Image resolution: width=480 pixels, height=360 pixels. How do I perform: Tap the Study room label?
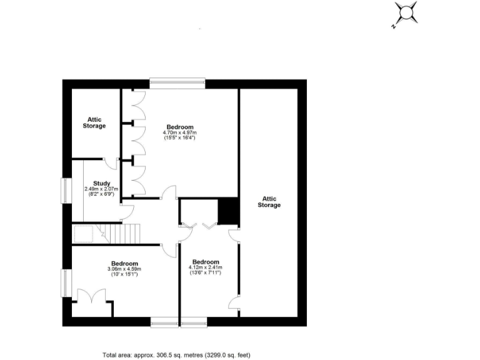[x=102, y=183]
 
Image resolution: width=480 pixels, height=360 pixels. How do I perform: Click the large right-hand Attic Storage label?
[x=269, y=201]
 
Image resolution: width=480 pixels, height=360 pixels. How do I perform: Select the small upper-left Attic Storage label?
[x=94, y=122]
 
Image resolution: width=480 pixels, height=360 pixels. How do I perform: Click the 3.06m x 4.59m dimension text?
[x=125, y=269]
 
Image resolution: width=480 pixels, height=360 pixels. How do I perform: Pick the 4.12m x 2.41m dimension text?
[x=206, y=267]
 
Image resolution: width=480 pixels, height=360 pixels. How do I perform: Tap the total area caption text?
[x=177, y=354]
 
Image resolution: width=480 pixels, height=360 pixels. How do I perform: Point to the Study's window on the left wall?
[x=65, y=191]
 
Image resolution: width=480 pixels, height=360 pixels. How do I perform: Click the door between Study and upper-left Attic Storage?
[x=111, y=163]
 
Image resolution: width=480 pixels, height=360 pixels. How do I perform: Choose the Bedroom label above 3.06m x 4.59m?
[x=125, y=263]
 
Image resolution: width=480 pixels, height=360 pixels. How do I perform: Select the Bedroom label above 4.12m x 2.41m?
[x=206, y=261]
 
